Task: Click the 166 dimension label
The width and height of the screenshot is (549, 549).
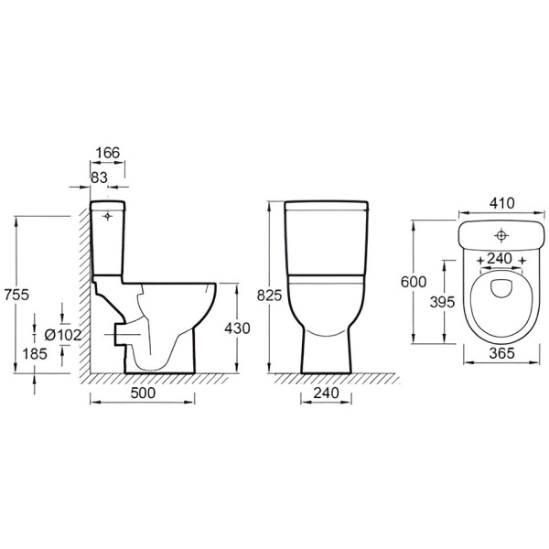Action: pyautogui.click(x=108, y=153)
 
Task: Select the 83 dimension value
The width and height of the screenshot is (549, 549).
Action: pyautogui.click(x=99, y=178)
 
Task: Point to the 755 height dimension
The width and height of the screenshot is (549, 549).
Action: pyautogui.click(x=16, y=295)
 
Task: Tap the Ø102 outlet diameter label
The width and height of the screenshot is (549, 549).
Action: pyautogui.click(x=63, y=335)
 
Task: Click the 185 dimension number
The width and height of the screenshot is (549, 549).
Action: pyautogui.click(x=35, y=354)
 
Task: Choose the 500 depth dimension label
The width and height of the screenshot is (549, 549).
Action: pyautogui.click(x=143, y=393)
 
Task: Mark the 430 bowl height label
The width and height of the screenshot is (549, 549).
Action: pyautogui.click(x=237, y=328)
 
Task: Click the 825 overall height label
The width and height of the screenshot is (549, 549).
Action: pyautogui.click(x=269, y=296)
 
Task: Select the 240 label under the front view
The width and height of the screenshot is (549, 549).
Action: pyautogui.click(x=326, y=393)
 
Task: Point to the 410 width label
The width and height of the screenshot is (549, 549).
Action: pyautogui.click(x=502, y=203)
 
